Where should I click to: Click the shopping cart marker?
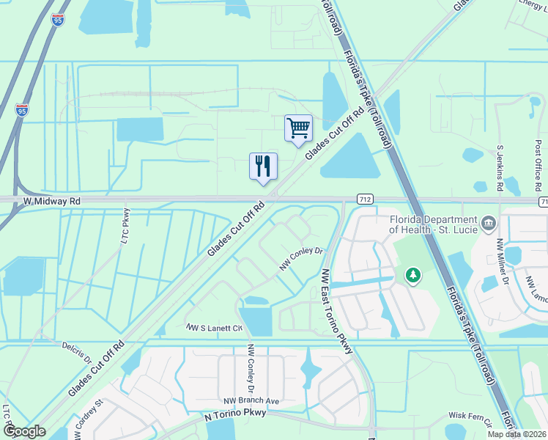tap(298, 128)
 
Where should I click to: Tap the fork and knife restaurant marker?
tap(263, 166)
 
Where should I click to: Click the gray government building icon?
tap(489, 221)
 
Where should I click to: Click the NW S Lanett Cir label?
tap(214, 328)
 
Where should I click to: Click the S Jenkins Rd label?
tap(500, 168)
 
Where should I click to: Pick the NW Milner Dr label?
tap(503, 260)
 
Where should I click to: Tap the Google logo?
tap(24, 431)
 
